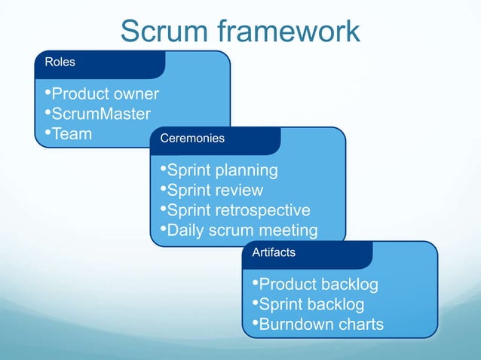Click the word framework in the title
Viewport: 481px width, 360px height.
click(289, 32)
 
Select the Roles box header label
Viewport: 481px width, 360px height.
click(60, 62)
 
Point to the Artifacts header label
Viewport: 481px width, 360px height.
click(274, 252)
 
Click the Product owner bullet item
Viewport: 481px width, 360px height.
click(101, 94)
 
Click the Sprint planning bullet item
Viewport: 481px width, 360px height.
click(219, 170)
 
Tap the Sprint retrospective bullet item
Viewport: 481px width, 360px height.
click(234, 210)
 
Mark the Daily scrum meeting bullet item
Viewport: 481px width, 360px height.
click(238, 230)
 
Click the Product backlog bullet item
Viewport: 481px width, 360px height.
click(314, 285)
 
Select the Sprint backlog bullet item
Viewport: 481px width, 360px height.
click(308, 304)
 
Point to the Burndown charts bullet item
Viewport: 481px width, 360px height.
click(317, 325)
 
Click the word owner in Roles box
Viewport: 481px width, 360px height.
click(136, 94)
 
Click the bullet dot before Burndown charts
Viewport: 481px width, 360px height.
click(254, 324)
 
